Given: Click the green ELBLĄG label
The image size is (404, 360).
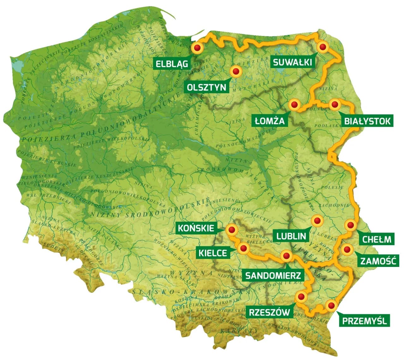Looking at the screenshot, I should pyautogui.click(x=172, y=63).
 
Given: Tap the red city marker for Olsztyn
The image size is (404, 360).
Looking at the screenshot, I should pyautogui.click(x=235, y=71).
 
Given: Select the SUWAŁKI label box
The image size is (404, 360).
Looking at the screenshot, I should pyautogui.click(x=292, y=62).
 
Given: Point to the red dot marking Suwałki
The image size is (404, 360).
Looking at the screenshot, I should pyautogui.click(x=323, y=47).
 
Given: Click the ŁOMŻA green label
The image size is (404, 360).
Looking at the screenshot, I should pyautogui.click(x=270, y=121).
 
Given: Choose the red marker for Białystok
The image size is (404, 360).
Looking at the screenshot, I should pyautogui.click(x=334, y=104).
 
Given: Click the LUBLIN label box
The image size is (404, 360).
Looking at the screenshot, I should pyautogui.click(x=291, y=236).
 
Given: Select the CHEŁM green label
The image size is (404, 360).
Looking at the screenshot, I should pyautogui.click(x=377, y=239).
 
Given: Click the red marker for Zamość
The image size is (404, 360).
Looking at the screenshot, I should pyautogui.click(x=347, y=250).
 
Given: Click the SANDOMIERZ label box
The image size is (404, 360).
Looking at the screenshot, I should pyautogui.click(x=273, y=275).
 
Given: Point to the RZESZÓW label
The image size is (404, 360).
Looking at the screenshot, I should pyautogui.click(x=269, y=312).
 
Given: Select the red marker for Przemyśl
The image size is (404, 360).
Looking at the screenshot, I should pyautogui.click(x=331, y=305).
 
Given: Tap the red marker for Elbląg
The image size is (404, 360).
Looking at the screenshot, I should pyautogui.click(x=198, y=48).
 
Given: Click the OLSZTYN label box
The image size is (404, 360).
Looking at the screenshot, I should pyautogui.click(x=207, y=87).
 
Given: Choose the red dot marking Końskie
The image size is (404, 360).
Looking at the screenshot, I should pyautogui.click(x=232, y=230).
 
